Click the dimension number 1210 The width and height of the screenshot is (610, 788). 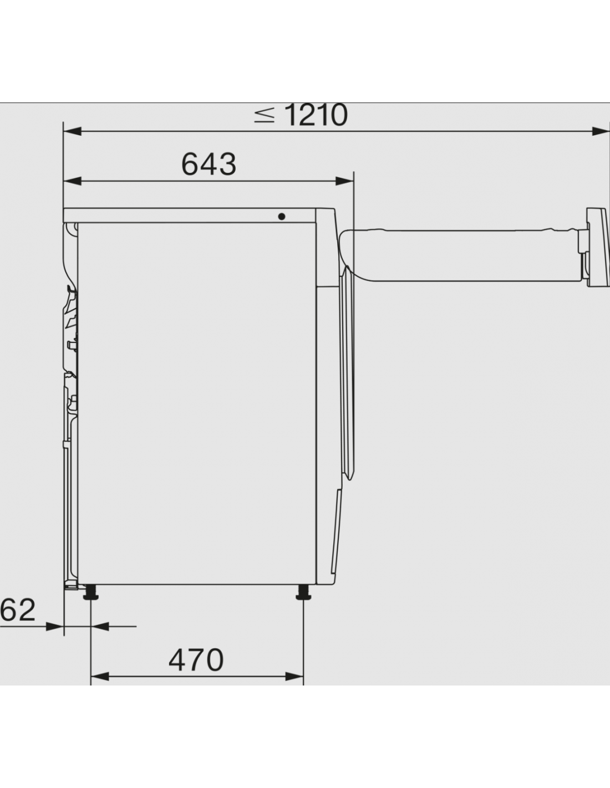(316, 115)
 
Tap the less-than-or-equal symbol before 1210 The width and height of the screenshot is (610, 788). (264, 115)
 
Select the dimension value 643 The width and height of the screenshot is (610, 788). (209, 164)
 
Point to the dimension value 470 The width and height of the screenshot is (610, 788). (196, 660)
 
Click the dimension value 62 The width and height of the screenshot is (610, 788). (17, 610)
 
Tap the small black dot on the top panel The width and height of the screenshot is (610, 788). (282, 217)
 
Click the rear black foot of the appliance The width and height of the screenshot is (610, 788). (91, 592)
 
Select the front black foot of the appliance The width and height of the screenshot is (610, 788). (303, 592)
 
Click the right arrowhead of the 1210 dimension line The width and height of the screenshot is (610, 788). (601, 131)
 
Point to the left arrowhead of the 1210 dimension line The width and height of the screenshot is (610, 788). (72, 131)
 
